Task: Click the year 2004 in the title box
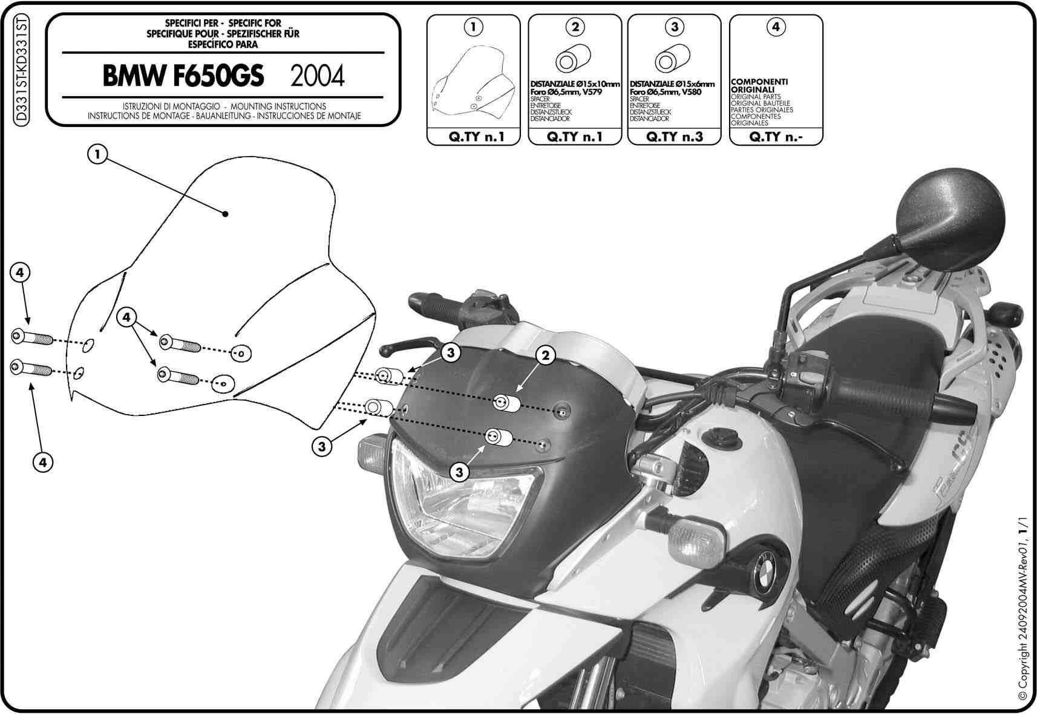coord(317,76)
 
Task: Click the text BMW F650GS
coord(183,76)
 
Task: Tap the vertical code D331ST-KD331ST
coord(21,70)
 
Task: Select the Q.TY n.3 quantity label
coord(675,137)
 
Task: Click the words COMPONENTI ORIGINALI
coord(759,86)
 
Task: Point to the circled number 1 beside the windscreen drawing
coord(97,154)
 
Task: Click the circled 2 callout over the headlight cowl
coord(545,355)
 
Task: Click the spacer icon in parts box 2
coord(573,59)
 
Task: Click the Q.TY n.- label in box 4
coord(776,137)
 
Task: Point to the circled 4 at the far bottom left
coord(43,462)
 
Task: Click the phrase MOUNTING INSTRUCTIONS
coord(278,106)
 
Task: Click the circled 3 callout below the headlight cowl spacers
coord(459,472)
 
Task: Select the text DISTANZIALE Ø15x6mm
coord(672,84)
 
